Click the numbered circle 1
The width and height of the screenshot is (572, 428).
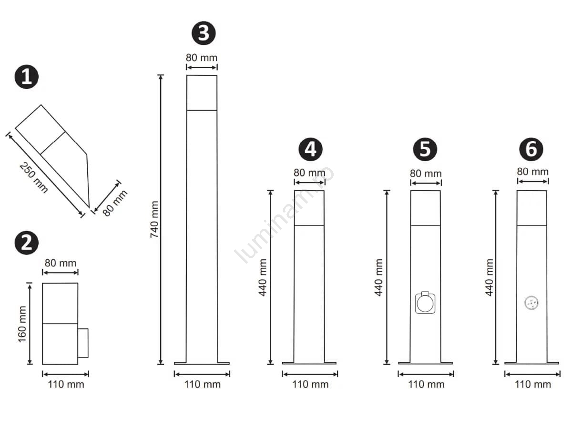27,77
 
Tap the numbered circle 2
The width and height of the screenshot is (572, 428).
27,243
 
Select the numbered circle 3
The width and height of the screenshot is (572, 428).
204,33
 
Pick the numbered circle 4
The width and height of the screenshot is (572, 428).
310,149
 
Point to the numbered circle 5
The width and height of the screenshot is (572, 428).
425,149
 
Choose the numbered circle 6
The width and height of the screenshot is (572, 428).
531,149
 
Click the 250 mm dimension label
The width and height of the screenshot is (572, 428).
34,178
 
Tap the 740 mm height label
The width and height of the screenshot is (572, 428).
154,219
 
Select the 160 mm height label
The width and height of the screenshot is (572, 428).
22,324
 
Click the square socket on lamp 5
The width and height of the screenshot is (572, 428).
425,303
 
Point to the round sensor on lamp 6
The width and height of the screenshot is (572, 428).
531,303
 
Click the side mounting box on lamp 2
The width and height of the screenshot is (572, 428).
83,343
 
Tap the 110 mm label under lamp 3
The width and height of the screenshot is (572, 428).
203,385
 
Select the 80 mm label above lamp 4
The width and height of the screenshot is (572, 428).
309,173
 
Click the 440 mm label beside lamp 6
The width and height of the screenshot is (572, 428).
489,278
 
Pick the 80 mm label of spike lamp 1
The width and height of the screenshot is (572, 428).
115,203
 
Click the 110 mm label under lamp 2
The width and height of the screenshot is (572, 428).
66,385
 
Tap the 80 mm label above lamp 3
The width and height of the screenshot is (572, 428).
202,58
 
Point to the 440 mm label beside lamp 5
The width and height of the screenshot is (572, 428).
378,278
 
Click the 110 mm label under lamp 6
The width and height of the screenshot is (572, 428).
533,385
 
